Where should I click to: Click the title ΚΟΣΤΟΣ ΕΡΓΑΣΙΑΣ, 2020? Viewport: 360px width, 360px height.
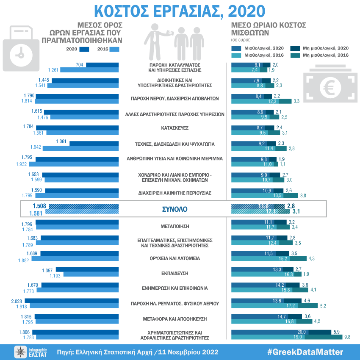pos(180,11)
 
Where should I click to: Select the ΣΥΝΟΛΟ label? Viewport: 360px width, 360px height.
pos(174,209)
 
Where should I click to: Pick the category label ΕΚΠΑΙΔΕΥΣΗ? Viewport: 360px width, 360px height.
pos(174,273)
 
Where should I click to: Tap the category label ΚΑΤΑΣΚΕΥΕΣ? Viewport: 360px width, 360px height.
pos(174,127)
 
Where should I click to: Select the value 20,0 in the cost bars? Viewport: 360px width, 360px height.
pos(302,332)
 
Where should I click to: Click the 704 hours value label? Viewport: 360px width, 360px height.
pos(79,65)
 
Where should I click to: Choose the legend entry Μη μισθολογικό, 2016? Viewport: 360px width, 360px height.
pos(326,55)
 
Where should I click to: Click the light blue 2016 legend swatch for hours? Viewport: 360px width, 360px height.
pos(114,49)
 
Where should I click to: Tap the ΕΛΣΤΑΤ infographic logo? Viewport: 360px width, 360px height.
pos(31,352)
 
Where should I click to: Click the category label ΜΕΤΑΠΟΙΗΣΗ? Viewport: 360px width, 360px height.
pos(174,226)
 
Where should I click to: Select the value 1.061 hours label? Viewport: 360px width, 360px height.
pos(61,141)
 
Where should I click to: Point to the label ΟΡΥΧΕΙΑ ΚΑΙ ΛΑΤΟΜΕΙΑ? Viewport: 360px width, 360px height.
pos(174,258)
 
